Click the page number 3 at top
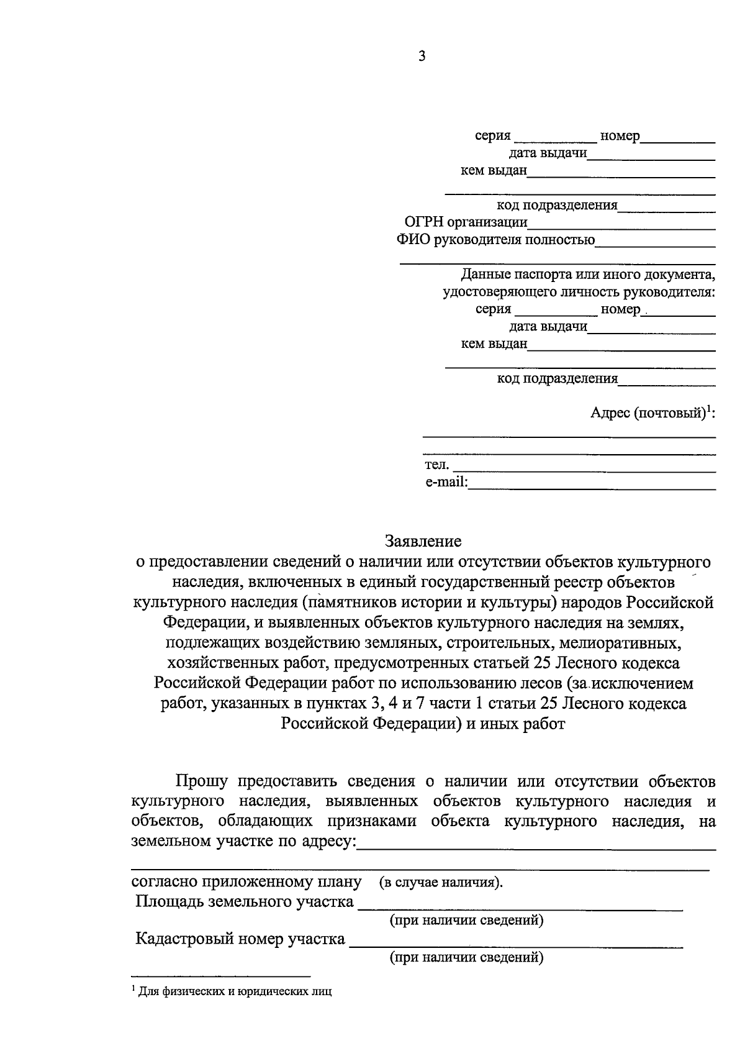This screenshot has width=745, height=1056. click(x=422, y=57)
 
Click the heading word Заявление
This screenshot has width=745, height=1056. click(x=423, y=541)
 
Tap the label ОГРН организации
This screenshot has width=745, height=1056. click(x=466, y=222)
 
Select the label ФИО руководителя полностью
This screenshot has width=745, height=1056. click(x=495, y=240)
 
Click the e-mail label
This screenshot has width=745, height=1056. click(x=446, y=482)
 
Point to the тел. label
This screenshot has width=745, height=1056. click(x=437, y=465)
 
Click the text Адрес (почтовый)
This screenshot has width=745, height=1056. click(x=649, y=413)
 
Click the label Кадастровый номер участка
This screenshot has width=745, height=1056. click(x=241, y=939)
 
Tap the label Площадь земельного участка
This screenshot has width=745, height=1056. click(x=245, y=901)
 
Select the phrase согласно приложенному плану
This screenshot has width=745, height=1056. click(x=246, y=881)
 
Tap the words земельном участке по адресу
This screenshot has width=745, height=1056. click(x=245, y=842)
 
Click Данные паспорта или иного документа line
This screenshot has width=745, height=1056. click(x=587, y=274)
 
